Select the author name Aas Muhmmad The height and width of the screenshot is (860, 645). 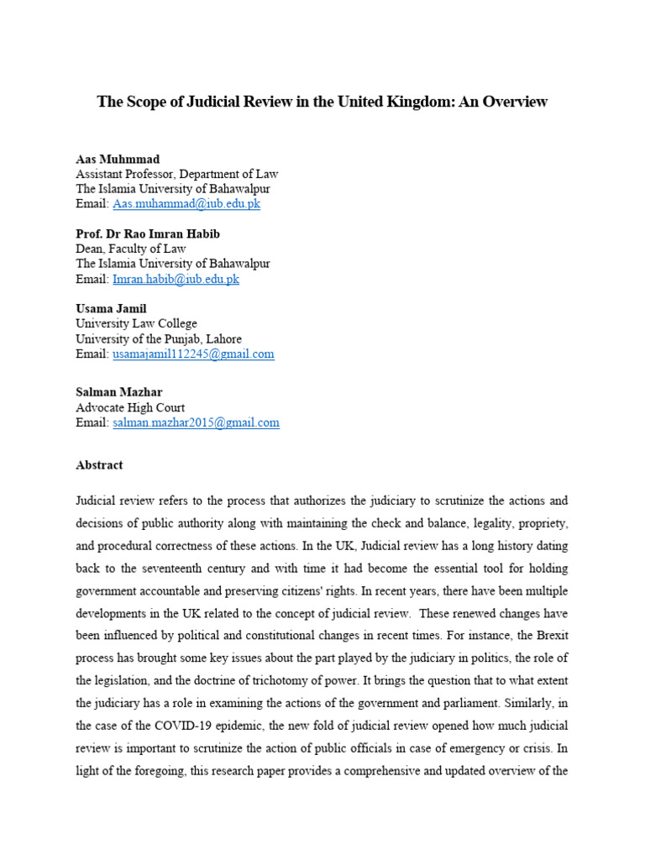(x=118, y=159)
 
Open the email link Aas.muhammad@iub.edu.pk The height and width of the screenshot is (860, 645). (x=186, y=204)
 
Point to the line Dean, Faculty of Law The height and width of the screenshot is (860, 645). (x=131, y=249)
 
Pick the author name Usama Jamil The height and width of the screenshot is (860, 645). (x=111, y=309)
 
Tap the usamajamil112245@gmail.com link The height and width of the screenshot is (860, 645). (x=193, y=354)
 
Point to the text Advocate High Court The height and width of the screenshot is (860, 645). (x=130, y=408)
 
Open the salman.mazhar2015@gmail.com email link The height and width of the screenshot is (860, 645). (x=196, y=423)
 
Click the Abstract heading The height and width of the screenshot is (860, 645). (x=99, y=464)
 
